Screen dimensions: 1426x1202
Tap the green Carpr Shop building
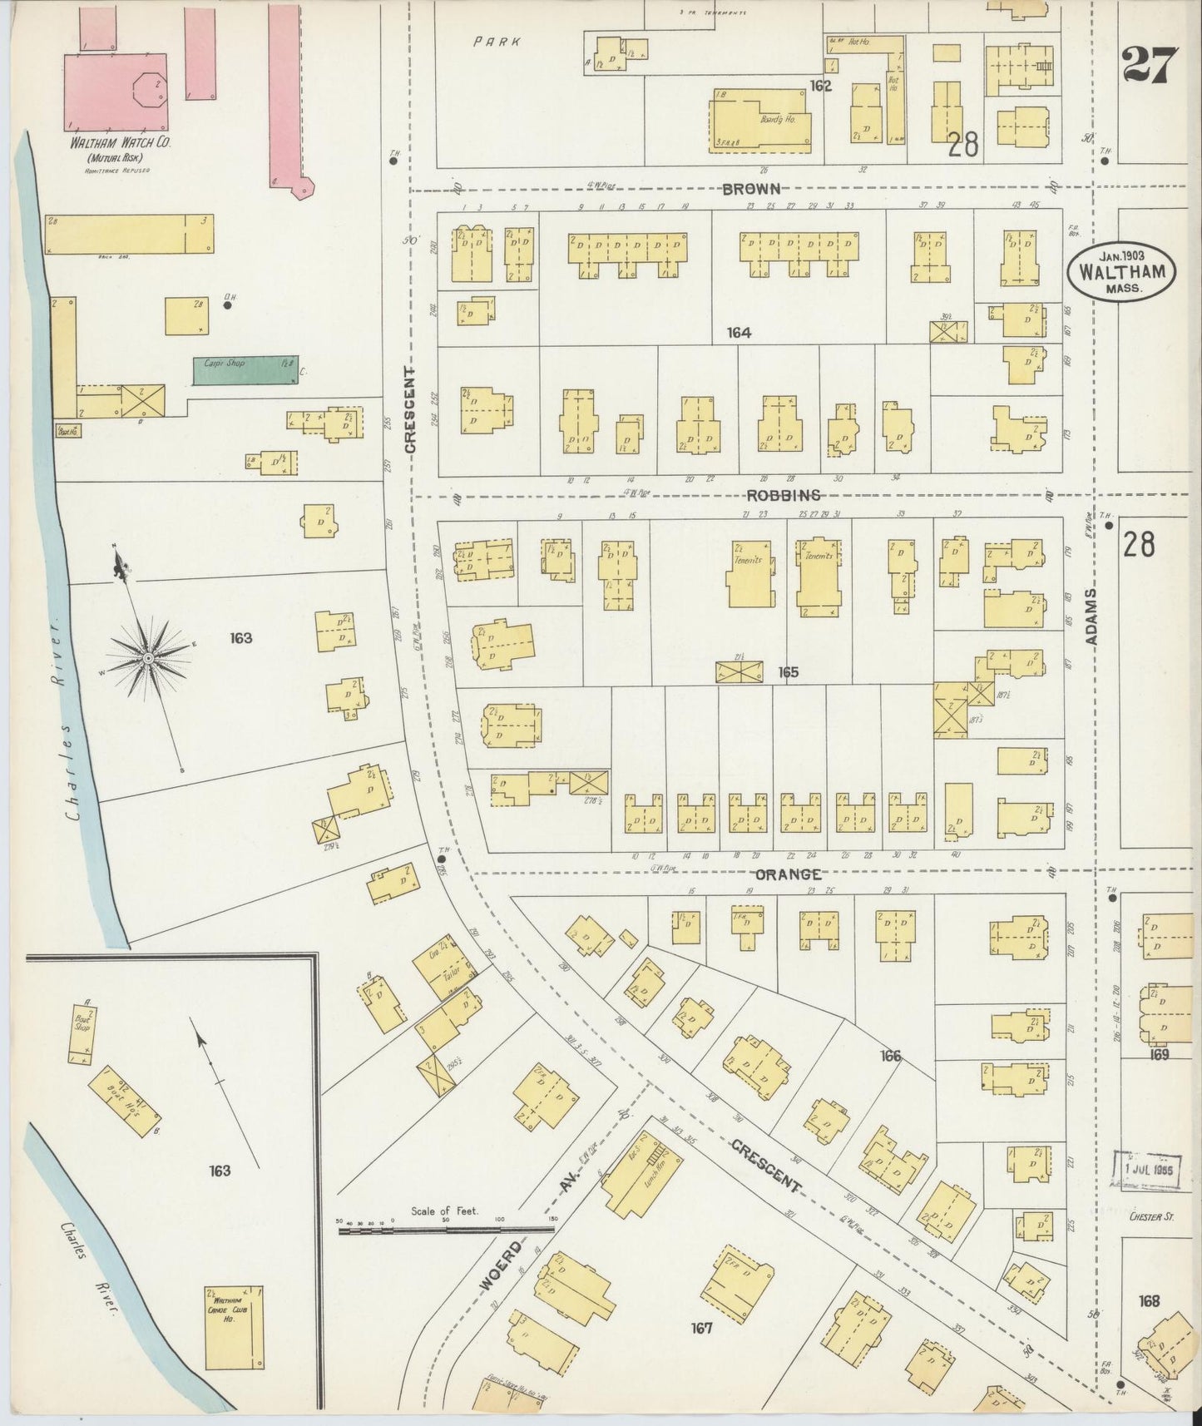click(x=245, y=370)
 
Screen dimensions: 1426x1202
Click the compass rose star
click(x=148, y=657)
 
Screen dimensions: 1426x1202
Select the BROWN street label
click(x=750, y=190)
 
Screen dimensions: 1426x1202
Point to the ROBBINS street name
click(x=784, y=495)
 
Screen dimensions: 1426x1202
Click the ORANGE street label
click(x=789, y=874)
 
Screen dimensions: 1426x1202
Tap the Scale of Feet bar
click(x=446, y=1228)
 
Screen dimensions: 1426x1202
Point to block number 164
click(x=738, y=333)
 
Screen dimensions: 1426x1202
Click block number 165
click(x=788, y=671)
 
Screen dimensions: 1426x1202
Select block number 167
click(x=701, y=1328)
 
